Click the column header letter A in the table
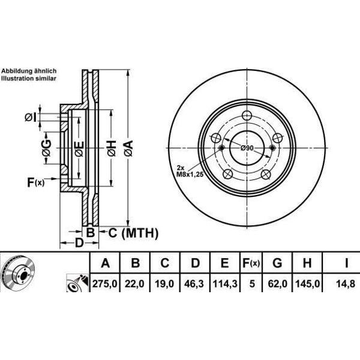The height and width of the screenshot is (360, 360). click(106, 262)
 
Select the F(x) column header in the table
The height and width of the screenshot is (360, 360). click(250, 262)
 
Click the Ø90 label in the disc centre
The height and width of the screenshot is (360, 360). click(247, 148)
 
